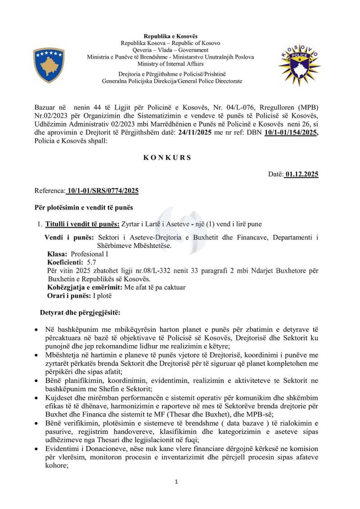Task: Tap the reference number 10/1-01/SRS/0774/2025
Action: (x=102, y=191)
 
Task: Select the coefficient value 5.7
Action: (x=91, y=262)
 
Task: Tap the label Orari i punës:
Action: (x=69, y=296)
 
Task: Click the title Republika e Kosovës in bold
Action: (x=170, y=36)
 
